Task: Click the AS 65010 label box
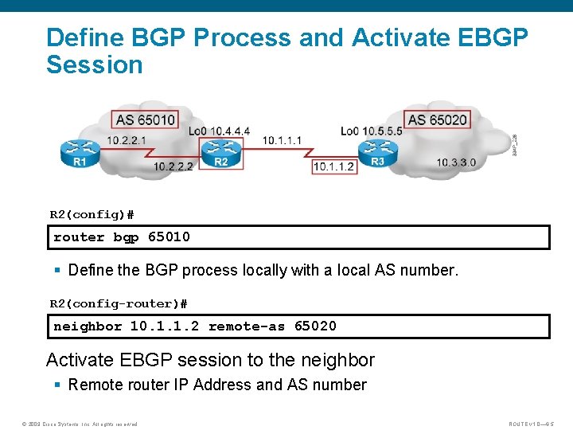pos(146,120)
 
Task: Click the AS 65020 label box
pos(437,120)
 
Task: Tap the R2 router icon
pos(220,150)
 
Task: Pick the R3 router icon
pos(376,150)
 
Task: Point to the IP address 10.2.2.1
pos(127,141)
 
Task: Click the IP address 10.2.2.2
pos(173,166)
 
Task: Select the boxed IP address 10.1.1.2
pos(334,166)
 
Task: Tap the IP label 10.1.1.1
pos(282,140)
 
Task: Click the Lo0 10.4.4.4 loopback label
pos(220,131)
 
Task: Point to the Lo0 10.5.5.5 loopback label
pos(371,131)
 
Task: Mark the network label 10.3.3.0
pos(456,162)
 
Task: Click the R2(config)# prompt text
pos(92,215)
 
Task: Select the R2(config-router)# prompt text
pos(119,303)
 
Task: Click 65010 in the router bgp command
pos(169,237)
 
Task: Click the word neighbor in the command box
pos(88,326)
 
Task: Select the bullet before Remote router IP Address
pos(58,385)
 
